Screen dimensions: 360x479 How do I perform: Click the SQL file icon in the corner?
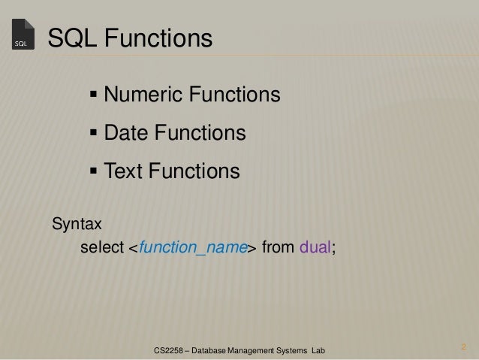click(23, 35)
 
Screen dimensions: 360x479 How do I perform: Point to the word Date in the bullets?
click(126, 134)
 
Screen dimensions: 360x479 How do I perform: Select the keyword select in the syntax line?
click(98, 248)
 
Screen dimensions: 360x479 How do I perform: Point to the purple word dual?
click(315, 248)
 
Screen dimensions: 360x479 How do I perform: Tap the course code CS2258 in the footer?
click(170, 350)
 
